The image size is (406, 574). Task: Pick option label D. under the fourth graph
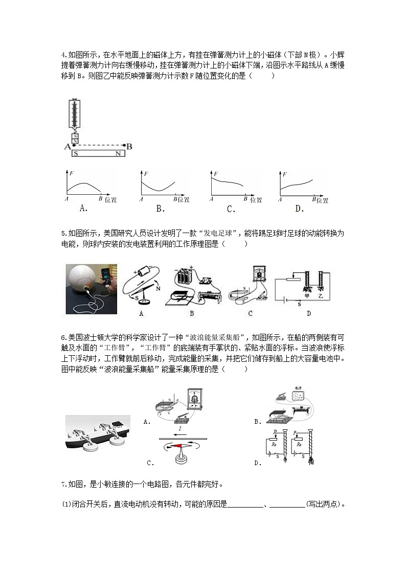[299, 208]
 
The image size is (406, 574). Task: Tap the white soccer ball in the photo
[85, 283]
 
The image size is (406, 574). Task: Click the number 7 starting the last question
[62, 484]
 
